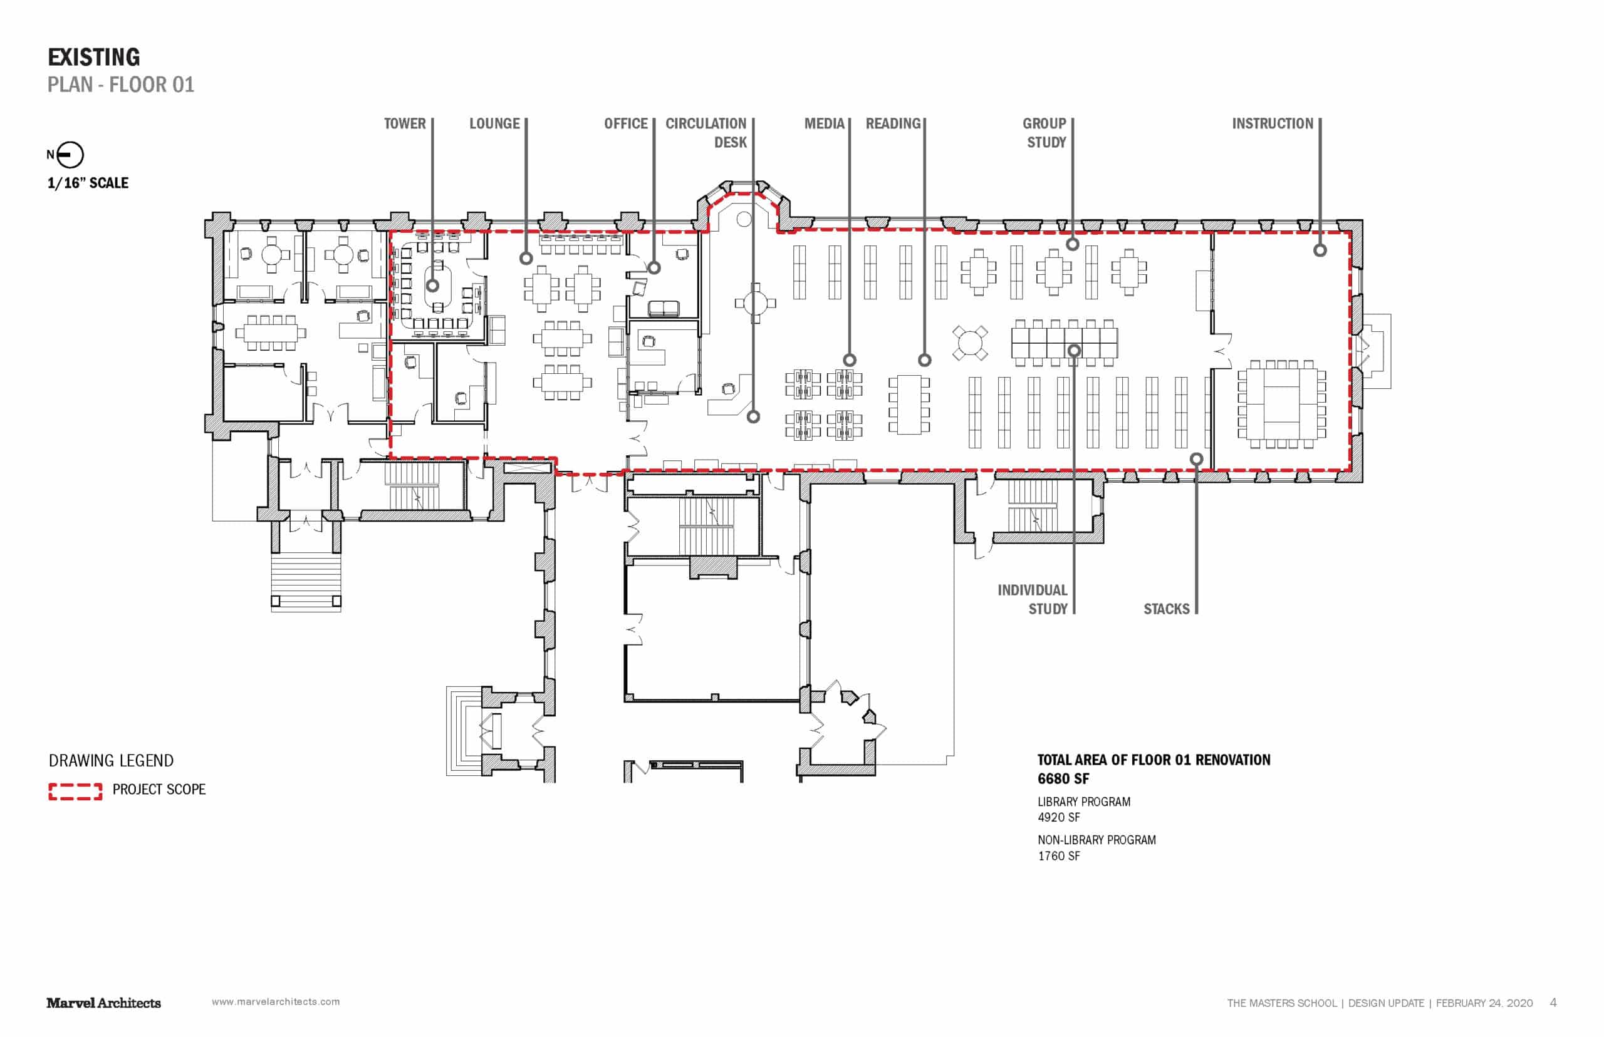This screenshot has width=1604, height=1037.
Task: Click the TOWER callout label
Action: (x=404, y=124)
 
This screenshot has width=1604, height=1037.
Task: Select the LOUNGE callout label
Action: (x=494, y=124)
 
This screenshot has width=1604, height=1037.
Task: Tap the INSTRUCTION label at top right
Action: (x=1273, y=124)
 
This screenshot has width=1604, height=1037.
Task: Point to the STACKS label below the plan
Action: (x=1166, y=609)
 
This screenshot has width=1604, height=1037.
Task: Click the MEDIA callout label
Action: (x=824, y=124)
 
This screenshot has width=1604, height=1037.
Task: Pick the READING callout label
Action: (x=893, y=124)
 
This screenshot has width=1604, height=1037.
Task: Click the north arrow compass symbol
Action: (x=70, y=155)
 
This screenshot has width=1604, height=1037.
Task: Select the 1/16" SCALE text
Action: (x=88, y=183)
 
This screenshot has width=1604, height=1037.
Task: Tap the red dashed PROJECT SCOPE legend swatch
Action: (x=75, y=792)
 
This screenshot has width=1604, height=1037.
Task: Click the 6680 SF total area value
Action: (x=1063, y=779)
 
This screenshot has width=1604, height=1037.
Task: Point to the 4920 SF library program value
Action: (x=1058, y=817)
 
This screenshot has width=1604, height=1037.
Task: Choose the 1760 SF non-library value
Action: (x=1058, y=856)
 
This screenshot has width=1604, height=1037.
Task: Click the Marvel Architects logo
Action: (x=104, y=1003)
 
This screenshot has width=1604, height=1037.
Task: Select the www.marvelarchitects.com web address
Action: (x=276, y=1002)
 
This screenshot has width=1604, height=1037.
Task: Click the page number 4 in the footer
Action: (x=1553, y=1003)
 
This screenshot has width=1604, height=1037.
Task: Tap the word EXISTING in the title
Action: (x=93, y=57)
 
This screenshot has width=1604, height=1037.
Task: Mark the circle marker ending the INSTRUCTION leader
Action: (x=1320, y=250)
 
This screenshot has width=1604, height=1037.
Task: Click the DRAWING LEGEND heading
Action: (x=111, y=761)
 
